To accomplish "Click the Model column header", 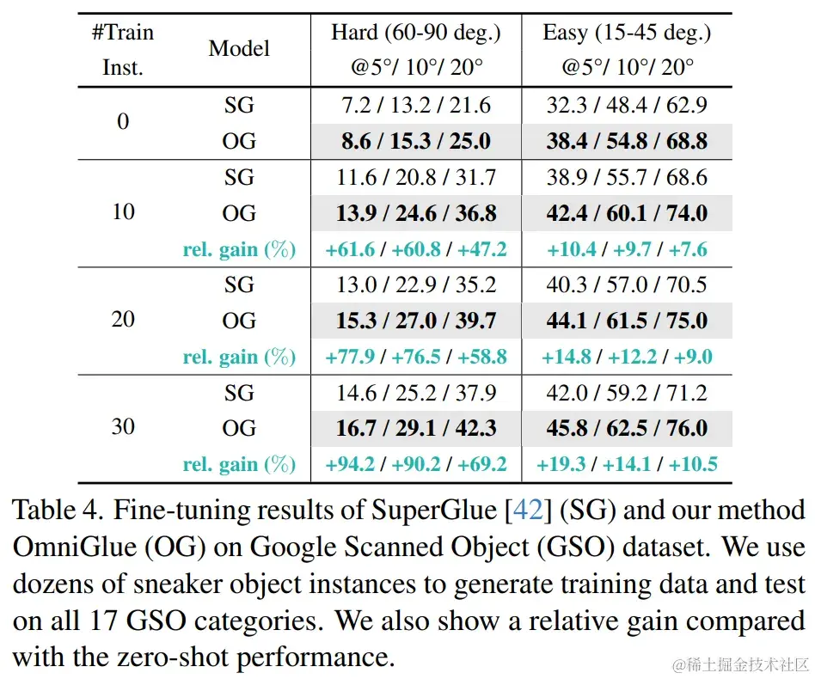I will (239, 49).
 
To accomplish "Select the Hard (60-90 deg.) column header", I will (416, 34).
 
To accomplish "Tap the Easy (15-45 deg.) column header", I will (627, 34).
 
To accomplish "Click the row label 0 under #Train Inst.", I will (123, 122).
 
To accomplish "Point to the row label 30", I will (123, 426).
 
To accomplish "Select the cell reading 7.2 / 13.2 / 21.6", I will (416, 106).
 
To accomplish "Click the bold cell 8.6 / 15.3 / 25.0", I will (416, 141).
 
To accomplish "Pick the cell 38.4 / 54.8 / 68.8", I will (627, 141).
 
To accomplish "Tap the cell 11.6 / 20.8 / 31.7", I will (416, 178).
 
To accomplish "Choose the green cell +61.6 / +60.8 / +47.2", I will (416, 249).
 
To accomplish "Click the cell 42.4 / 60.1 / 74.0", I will (627, 213).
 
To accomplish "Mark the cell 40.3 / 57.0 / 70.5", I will (627, 285).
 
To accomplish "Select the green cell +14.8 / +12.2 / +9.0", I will (627, 357).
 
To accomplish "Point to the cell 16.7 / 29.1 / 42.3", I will (416, 428).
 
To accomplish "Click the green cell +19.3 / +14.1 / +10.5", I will (627, 465).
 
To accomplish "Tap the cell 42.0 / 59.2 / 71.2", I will (627, 393).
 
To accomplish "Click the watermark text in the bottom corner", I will (741, 664).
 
